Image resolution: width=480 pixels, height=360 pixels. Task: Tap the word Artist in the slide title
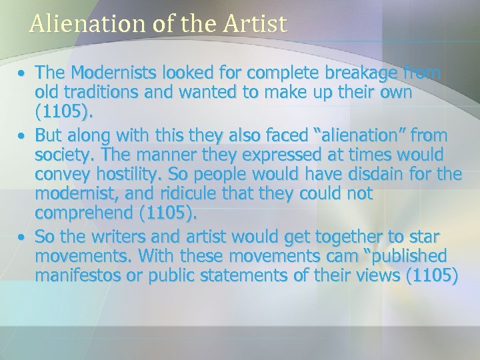point(255,24)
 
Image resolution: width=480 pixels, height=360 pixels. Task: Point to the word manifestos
point(79,276)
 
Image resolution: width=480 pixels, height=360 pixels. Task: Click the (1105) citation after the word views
point(432,276)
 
